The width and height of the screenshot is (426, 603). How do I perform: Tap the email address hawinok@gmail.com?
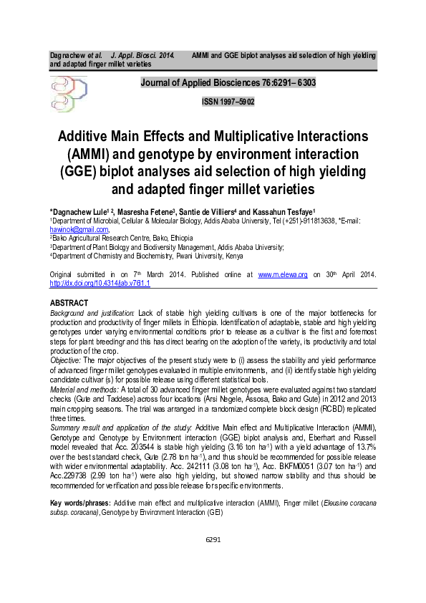pos(79,229)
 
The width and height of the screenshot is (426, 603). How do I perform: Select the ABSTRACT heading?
pos(69,303)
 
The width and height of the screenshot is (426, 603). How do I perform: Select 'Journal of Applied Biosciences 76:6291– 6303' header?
pos(228,83)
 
